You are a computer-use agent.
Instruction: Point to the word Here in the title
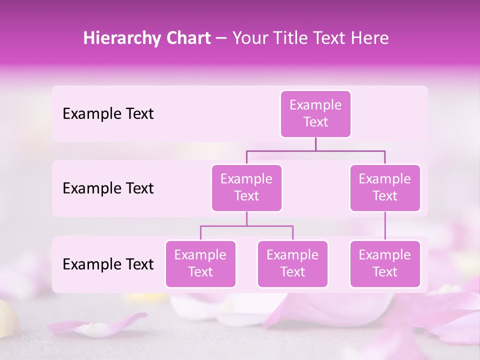click(370, 38)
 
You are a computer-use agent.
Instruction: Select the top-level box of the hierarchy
click(315, 114)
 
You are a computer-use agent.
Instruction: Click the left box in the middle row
click(246, 188)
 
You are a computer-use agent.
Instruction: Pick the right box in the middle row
click(385, 188)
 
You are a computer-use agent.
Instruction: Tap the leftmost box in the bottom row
click(200, 264)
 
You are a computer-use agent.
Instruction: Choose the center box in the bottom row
click(292, 264)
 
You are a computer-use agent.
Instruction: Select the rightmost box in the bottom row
click(385, 264)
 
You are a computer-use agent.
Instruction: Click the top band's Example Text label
click(108, 114)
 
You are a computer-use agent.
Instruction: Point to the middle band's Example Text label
click(108, 188)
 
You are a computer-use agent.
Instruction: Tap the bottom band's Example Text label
click(108, 264)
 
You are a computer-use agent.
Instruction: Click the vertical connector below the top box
click(315, 144)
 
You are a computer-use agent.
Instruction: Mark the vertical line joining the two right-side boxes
click(385, 226)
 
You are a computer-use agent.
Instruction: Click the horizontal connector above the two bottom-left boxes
click(246, 226)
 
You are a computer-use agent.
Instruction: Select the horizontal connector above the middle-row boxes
click(315, 150)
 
